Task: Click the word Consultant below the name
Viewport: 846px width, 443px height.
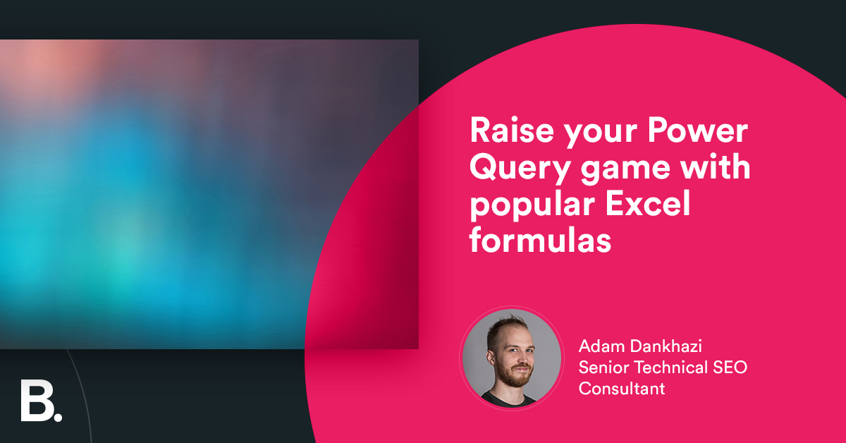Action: click(x=621, y=388)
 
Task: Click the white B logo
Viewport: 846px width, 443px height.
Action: click(x=35, y=402)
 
